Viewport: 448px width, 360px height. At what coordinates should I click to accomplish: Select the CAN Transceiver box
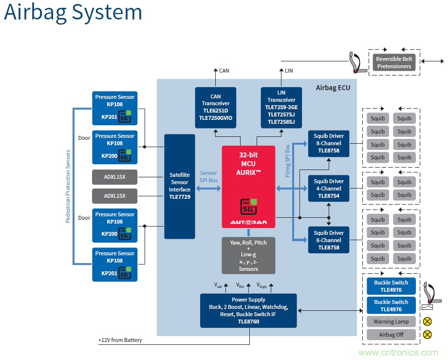215,108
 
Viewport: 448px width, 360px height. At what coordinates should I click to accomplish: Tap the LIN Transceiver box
281,108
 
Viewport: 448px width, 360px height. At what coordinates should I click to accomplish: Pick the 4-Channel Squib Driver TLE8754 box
328,189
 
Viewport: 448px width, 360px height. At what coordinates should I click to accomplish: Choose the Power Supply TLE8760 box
248,310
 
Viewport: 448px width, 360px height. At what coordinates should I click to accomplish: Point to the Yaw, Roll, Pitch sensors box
248,255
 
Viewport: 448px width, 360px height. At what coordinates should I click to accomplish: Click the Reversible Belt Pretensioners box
394,63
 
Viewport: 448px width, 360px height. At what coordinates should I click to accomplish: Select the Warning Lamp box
391,322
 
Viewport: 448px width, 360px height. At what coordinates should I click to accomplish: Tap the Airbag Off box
391,335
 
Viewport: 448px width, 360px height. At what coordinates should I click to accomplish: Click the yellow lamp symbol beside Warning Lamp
428,322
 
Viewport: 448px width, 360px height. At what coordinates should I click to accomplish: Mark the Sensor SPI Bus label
208,177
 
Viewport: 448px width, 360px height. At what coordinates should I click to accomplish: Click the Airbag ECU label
333,88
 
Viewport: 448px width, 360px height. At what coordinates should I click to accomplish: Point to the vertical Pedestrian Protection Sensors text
68,186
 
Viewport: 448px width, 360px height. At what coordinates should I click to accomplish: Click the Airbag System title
73,13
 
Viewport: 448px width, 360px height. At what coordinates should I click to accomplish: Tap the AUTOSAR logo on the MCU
248,223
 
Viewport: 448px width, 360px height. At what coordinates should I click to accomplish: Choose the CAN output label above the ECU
224,71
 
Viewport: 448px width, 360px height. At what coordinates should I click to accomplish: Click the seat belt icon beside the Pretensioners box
354,62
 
